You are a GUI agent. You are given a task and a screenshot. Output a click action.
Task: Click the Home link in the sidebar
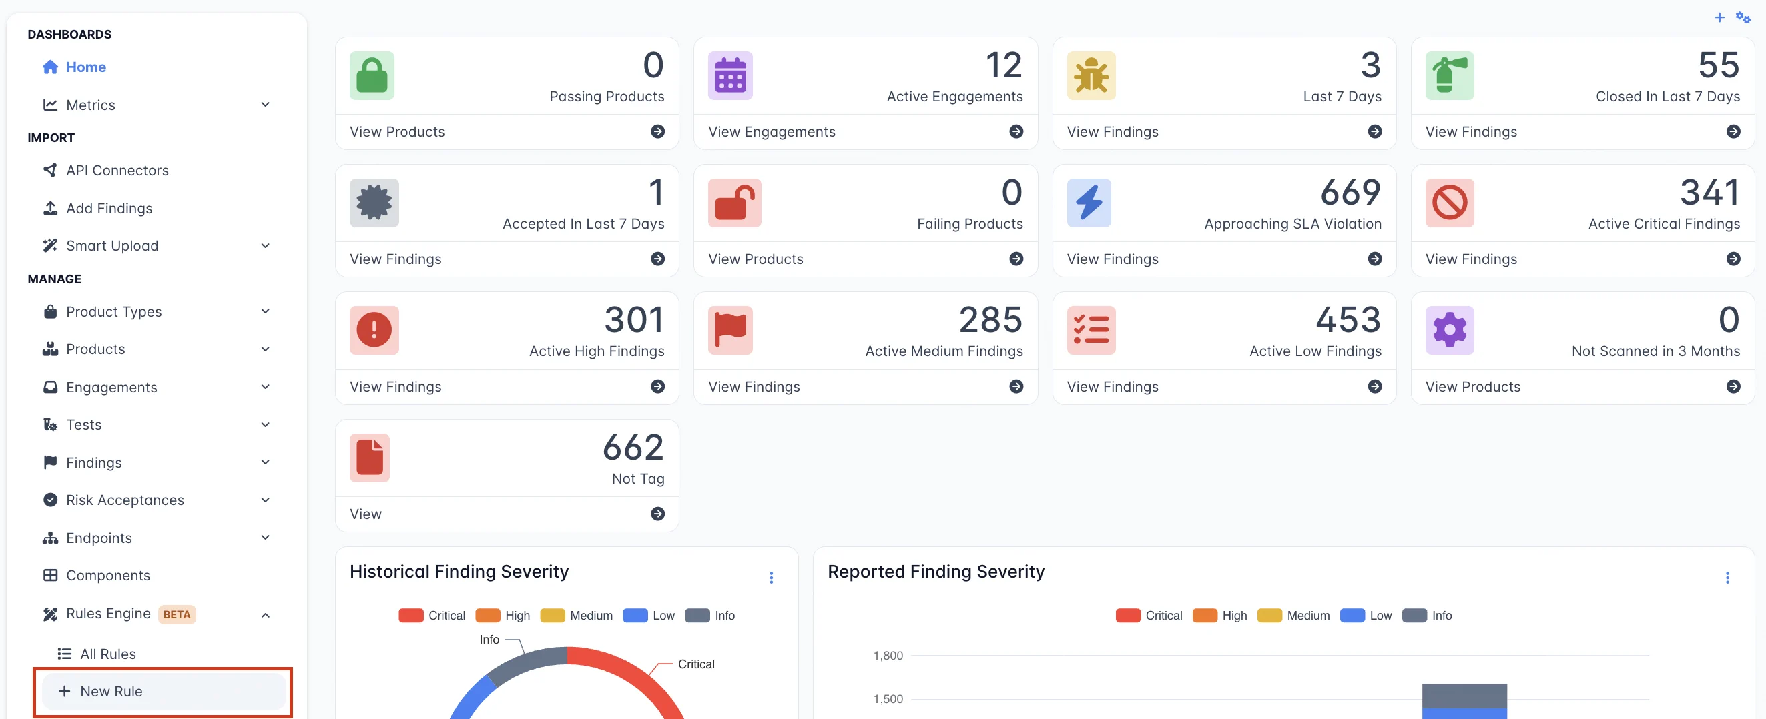click(x=85, y=67)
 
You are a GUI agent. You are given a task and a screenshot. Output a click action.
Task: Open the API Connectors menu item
click(x=117, y=170)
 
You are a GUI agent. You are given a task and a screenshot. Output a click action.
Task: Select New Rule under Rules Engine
click(x=111, y=691)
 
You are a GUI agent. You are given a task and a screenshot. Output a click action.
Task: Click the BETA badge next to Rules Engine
click(x=177, y=614)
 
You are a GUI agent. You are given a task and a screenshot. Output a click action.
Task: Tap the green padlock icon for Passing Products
click(x=372, y=75)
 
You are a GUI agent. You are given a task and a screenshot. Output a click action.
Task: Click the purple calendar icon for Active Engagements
click(x=729, y=75)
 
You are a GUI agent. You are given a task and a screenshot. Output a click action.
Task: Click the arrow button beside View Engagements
click(x=1016, y=131)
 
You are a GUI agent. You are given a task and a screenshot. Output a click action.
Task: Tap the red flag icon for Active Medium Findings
click(x=729, y=329)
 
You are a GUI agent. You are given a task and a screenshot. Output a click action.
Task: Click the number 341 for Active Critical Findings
click(x=1709, y=193)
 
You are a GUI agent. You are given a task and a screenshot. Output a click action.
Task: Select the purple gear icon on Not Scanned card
click(x=1448, y=329)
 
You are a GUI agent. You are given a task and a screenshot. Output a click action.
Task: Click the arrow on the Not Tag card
click(x=657, y=514)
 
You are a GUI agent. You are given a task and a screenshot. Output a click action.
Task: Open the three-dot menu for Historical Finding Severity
click(x=772, y=578)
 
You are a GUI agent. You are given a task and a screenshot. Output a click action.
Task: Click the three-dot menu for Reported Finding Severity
click(x=1727, y=578)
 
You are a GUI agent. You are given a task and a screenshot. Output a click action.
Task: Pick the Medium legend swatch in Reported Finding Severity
click(x=1269, y=616)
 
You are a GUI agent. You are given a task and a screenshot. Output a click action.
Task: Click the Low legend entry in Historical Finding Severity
click(x=663, y=616)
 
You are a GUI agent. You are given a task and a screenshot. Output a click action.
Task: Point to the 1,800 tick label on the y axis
click(x=888, y=656)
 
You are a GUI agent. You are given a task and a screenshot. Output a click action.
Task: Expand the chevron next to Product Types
click(x=266, y=311)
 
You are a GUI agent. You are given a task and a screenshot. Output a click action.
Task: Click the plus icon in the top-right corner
click(x=1719, y=18)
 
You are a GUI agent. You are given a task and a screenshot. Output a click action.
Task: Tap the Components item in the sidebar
click(x=107, y=575)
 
